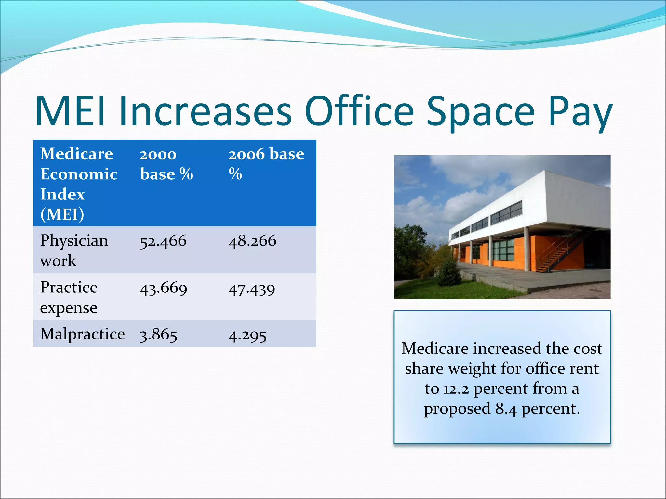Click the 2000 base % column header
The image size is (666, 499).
click(x=166, y=164)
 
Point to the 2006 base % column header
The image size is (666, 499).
click(x=266, y=164)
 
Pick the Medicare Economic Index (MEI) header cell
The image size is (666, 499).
click(x=78, y=184)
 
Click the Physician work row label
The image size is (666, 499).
click(x=74, y=250)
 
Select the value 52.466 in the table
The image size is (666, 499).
click(x=163, y=241)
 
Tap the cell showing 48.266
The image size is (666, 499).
click(x=252, y=241)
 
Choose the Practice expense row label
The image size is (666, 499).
click(x=69, y=297)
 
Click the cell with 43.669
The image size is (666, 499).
click(x=163, y=288)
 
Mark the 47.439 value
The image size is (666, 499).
click(x=252, y=289)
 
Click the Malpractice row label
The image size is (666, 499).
click(x=82, y=334)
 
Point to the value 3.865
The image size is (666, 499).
click(x=158, y=335)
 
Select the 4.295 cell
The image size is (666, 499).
click(x=247, y=335)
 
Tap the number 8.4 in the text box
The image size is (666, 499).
click(x=506, y=409)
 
